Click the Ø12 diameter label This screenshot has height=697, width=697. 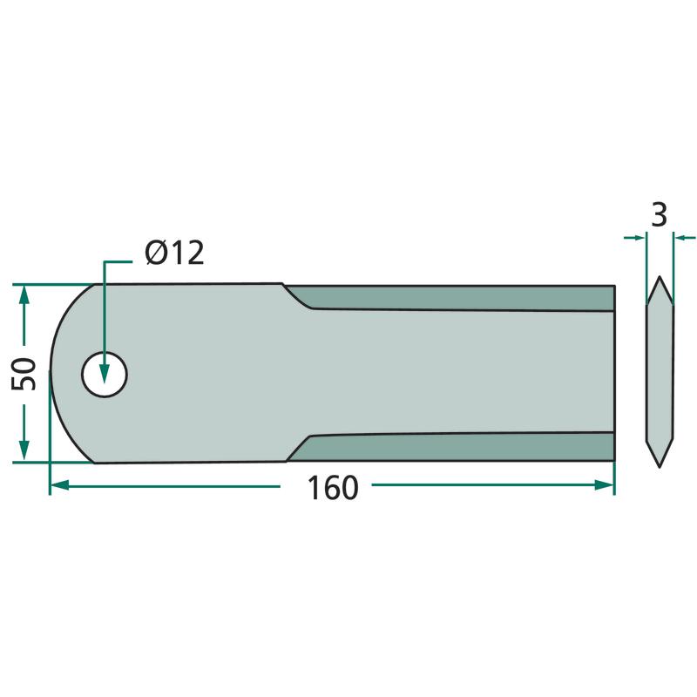tap(174, 253)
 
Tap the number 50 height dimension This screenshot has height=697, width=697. tap(24, 375)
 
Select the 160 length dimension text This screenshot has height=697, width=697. tap(333, 488)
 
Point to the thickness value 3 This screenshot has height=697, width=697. tap(659, 214)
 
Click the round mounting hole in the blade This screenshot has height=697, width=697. tap(105, 375)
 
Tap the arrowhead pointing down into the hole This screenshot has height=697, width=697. tap(104, 373)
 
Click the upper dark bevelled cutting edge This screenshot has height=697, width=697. tap(449, 297)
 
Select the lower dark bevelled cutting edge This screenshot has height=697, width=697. tap(450, 448)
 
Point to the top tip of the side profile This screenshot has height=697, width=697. tap(660, 277)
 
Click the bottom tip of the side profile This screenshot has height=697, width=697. tap(660, 467)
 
